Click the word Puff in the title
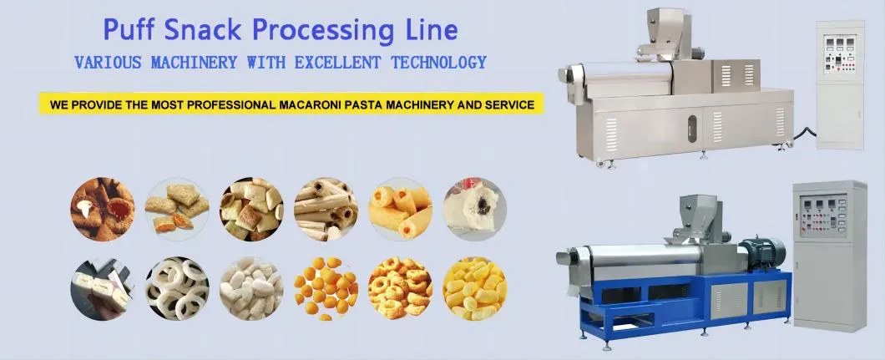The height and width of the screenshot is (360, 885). click(130, 30)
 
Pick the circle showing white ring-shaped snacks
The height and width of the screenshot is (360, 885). click(177, 287)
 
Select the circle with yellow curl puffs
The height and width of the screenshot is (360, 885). click(474, 287)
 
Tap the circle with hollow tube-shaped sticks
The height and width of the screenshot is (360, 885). click(326, 209)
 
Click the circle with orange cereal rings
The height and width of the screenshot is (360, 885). click(400, 287)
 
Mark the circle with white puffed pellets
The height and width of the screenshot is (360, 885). click(251, 287)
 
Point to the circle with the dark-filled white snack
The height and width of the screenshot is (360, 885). click(474, 209)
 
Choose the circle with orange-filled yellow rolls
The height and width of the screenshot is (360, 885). click(400, 209)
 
